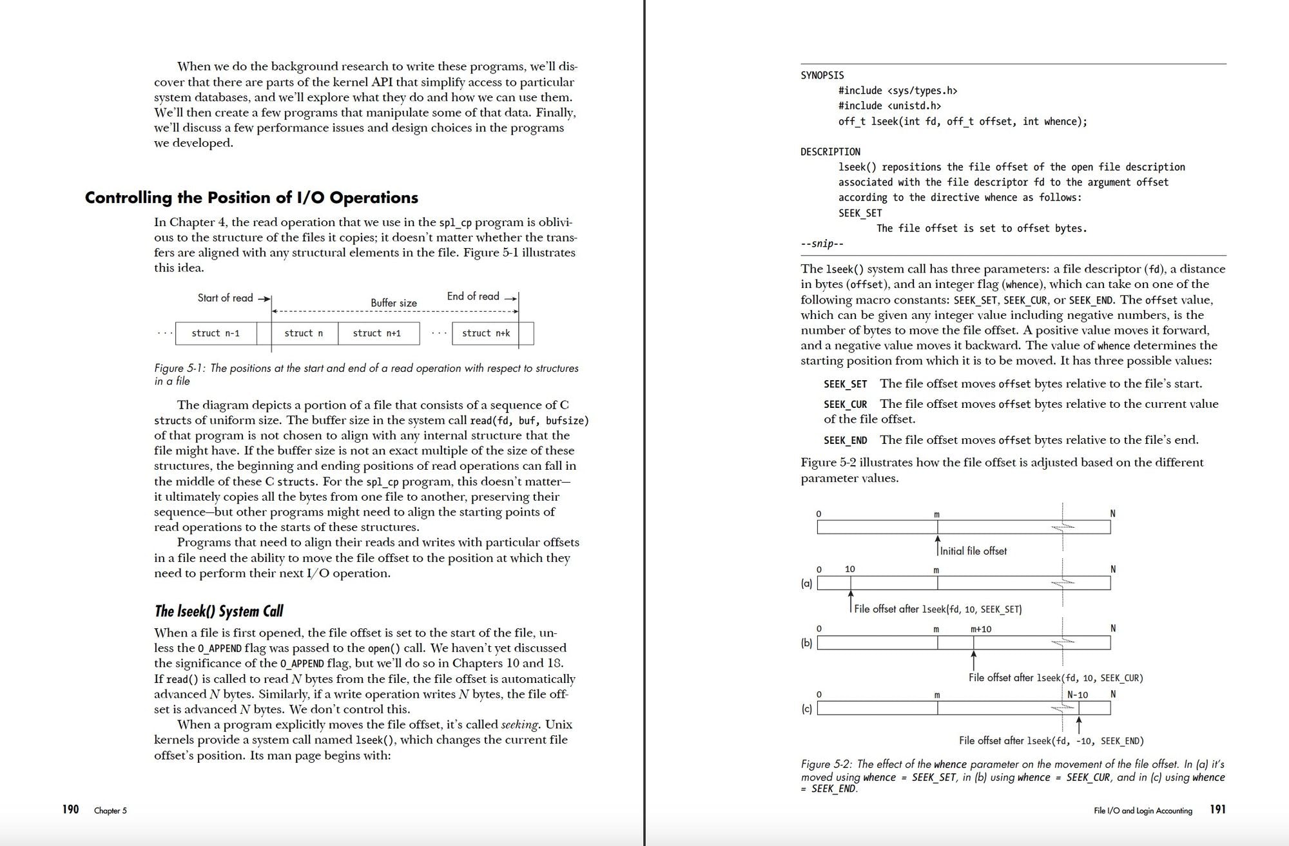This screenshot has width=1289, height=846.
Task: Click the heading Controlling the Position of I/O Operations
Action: [251, 198]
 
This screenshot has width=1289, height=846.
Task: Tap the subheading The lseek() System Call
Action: [218, 611]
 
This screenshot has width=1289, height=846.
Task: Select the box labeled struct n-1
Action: [215, 333]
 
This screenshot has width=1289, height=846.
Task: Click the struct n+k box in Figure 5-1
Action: [485, 333]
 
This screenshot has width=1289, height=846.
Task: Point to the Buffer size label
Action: [393, 303]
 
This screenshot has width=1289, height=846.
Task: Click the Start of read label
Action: [225, 298]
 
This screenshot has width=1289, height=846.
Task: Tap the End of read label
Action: [473, 296]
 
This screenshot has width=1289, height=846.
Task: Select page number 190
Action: [70, 809]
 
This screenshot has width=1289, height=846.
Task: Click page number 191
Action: [1217, 809]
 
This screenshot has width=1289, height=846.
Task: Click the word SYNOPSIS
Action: [822, 75]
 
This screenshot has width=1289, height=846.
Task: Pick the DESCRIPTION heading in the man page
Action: [830, 152]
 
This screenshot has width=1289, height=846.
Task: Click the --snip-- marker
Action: [822, 244]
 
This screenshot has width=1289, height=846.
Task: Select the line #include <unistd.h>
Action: [889, 106]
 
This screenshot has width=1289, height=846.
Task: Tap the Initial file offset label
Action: [973, 551]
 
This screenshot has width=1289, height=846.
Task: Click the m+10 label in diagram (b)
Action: [981, 629]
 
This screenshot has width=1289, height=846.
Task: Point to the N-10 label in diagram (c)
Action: [1078, 695]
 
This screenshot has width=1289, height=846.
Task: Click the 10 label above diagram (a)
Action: [849, 569]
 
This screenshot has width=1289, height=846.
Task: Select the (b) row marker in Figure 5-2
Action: [806, 642]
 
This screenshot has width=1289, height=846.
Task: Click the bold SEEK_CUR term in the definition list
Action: [845, 404]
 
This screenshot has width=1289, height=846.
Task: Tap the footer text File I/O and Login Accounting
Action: [1143, 811]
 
